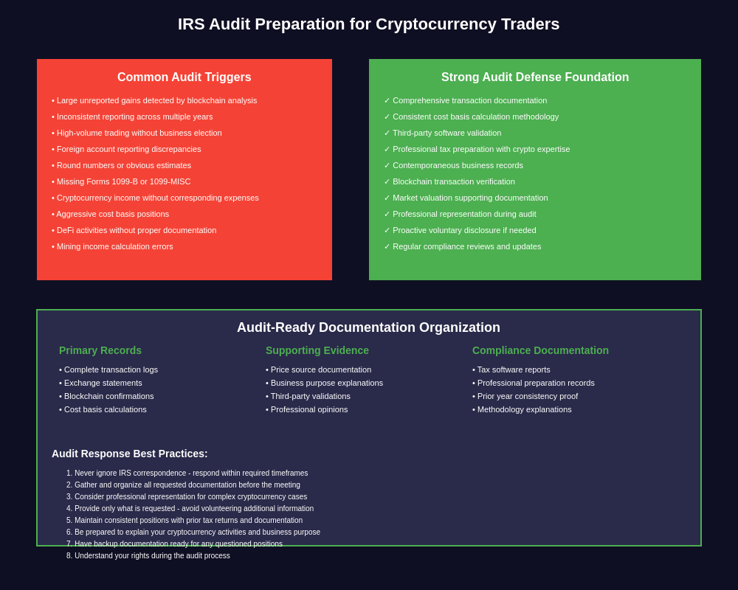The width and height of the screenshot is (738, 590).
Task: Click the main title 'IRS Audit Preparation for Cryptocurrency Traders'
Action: [368, 24]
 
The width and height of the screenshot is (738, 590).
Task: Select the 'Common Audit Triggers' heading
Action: [184, 77]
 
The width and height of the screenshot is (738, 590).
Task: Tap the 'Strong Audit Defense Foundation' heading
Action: [535, 77]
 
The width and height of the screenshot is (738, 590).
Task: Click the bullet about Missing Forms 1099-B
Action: [122, 181]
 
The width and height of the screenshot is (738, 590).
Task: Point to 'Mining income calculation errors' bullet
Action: [113, 246]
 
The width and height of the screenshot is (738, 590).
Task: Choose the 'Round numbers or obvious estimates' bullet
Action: [122, 165]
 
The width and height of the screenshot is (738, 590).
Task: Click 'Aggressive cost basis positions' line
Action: [111, 214]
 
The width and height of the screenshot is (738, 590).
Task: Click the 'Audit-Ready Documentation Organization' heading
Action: [368, 327]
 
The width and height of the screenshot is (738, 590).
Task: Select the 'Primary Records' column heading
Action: [100, 350]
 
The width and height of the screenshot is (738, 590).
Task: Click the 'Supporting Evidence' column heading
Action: [317, 350]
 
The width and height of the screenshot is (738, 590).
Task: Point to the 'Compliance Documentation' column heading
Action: [540, 350]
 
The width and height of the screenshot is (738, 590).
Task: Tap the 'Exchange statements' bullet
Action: [102, 383]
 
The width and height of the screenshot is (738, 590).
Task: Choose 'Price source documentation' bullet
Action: [320, 369]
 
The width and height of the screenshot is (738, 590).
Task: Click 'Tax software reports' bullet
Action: [512, 369]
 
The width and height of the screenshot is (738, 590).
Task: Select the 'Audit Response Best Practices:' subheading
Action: [130, 454]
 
